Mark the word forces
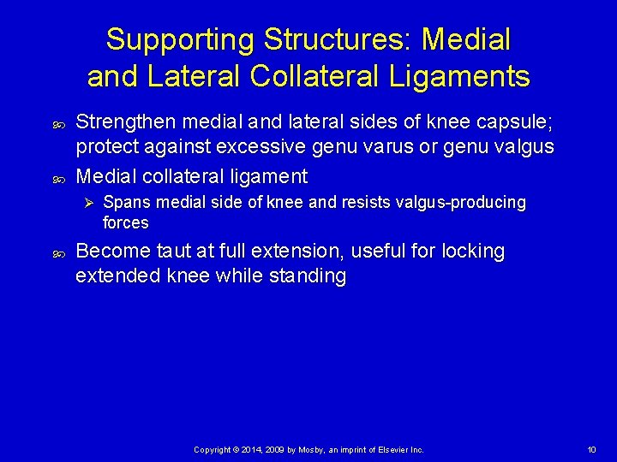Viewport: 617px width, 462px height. (126, 222)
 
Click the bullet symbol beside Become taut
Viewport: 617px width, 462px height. (55, 252)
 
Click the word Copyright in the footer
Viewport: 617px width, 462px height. (211, 450)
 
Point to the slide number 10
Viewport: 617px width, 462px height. (591, 450)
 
